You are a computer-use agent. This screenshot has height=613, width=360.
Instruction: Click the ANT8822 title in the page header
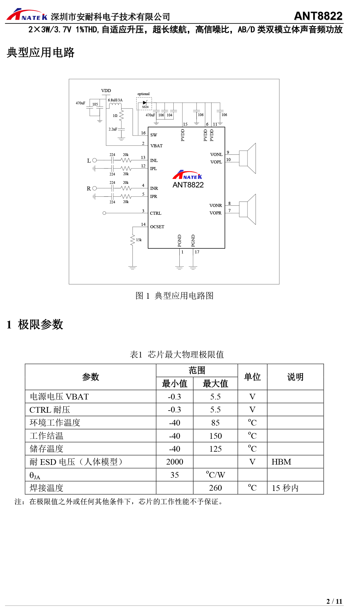pyautogui.click(x=318, y=16)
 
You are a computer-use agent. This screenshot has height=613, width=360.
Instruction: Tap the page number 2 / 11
pyautogui.click(x=334, y=601)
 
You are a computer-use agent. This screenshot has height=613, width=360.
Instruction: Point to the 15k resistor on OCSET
pyautogui.click(x=133, y=240)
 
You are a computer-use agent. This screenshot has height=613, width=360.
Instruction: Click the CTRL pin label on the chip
pyautogui.click(x=156, y=213)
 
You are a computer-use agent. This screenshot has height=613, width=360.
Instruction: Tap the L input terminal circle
pyautogui.click(x=94, y=160)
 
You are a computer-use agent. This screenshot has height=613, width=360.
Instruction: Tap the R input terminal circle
pyautogui.click(x=94, y=188)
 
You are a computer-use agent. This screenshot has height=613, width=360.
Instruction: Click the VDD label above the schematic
pyautogui.click(x=106, y=91)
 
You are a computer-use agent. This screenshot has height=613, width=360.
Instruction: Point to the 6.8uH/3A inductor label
pyautogui.click(x=115, y=100)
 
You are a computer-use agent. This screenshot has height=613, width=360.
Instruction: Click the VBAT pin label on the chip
pyautogui.click(x=156, y=146)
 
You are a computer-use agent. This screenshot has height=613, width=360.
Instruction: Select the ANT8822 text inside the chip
pyautogui.click(x=188, y=185)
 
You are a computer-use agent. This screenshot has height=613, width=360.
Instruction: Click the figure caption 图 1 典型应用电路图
pyautogui.click(x=174, y=296)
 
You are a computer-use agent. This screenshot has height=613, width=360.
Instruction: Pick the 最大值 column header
pyautogui.click(x=215, y=384)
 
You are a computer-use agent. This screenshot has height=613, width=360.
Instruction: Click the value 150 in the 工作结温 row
pyautogui.click(x=215, y=436)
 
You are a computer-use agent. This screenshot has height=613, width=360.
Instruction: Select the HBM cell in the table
pyautogui.click(x=281, y=462)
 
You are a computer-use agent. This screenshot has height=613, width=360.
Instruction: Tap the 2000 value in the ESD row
pyautogui.click(x=175, y=462)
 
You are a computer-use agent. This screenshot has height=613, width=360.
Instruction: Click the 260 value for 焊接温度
pyautogui.click(x=215, y=488)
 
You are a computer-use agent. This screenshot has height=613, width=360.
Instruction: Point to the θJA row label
pyautogui.click(x=35, y=475)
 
